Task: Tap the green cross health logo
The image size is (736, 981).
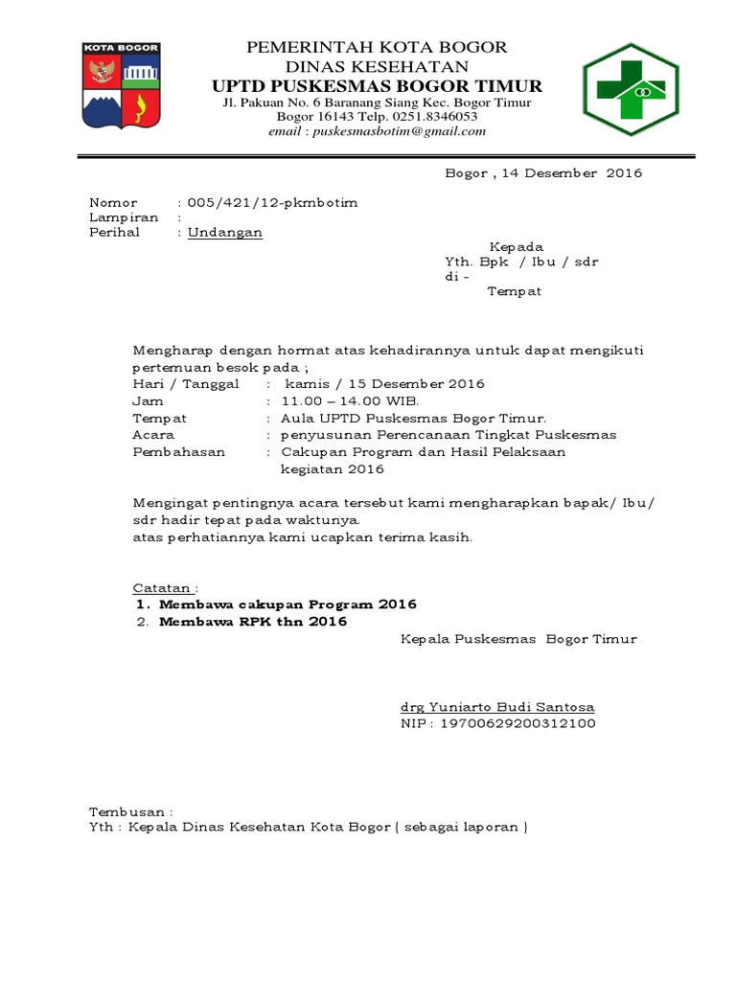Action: pyautogui.click(x=631, y=88)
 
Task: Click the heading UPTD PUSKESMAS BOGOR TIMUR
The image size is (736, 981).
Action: pyautogui.click(x=378, y=86)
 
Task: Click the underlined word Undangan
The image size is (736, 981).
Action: pyautogui.click(x=225, y=232)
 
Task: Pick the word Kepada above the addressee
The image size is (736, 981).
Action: pyautogui.click(x=517, y=246)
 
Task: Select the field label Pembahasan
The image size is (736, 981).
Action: pyautogui.click(x=179, y=451)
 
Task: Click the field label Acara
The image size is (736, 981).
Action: pyautogui.click(x=153, y=434)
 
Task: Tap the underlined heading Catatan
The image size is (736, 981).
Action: pyautogui.click(x=165, y=587)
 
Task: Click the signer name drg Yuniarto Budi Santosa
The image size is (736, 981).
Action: pyautogui.click(x=497, y=707)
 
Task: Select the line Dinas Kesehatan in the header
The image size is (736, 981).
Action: pyautogui.click(x=377, y=66)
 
